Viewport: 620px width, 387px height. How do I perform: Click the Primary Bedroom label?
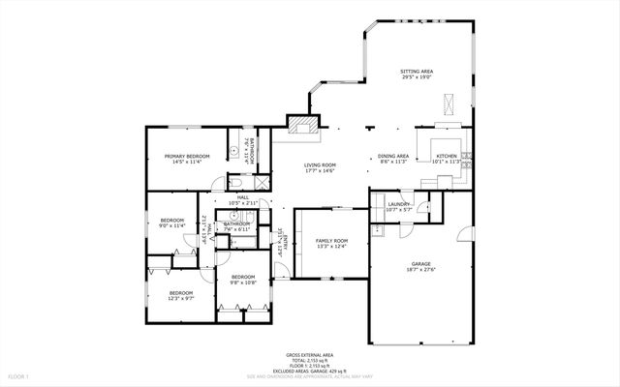coord(187,156)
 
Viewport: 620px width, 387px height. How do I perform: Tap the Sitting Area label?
coord(417,72)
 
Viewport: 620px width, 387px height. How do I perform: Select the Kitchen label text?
coord(446,156)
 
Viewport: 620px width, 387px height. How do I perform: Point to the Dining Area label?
coord(393,156)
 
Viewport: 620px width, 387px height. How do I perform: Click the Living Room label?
coord(320,165)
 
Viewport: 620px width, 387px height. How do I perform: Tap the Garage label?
coord(420,263)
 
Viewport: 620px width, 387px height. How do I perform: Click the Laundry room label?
coord(398,204)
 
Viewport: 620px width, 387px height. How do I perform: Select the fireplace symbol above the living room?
coord(302,124)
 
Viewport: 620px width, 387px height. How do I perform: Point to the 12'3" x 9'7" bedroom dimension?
coord(181,298)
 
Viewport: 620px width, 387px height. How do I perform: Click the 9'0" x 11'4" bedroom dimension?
coord(171,225)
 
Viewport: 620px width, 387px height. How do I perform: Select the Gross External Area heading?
coord(310,355)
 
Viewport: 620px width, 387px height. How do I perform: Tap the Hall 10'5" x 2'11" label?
coord(243,200)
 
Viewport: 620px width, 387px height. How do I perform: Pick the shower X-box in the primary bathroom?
coord(263,181)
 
